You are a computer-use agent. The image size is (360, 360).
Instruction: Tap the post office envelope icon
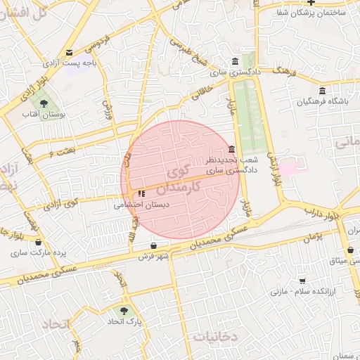[69, 53]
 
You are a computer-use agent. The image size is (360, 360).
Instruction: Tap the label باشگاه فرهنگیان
[322, 102]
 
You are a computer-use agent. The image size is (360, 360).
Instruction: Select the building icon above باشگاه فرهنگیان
[322, 91]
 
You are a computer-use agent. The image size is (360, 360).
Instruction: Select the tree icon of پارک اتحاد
[125, 309]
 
